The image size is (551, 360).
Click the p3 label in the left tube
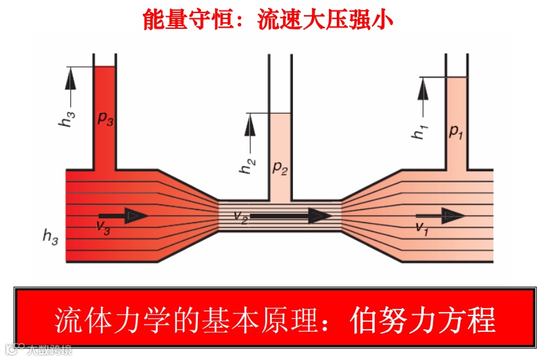click(x=105, y=119)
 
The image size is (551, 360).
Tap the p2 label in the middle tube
click(x=280, y=168)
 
